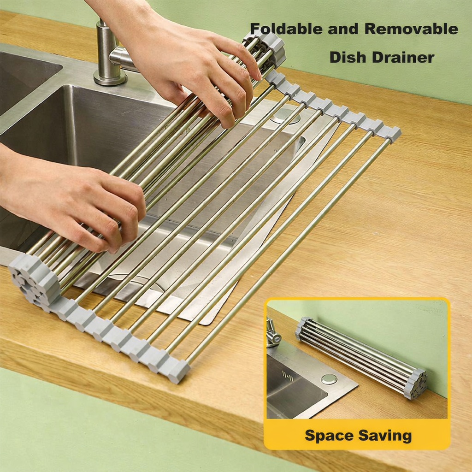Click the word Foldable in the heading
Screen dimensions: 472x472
286,29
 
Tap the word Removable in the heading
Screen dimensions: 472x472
411,29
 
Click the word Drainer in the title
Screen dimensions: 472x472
403,57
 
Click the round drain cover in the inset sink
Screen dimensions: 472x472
329,379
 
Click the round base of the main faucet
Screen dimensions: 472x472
110,78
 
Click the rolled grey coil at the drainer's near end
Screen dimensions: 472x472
35,279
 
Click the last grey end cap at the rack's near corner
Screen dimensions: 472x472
179,371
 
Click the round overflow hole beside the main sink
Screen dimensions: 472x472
284,115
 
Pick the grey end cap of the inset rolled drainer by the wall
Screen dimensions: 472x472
417,384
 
